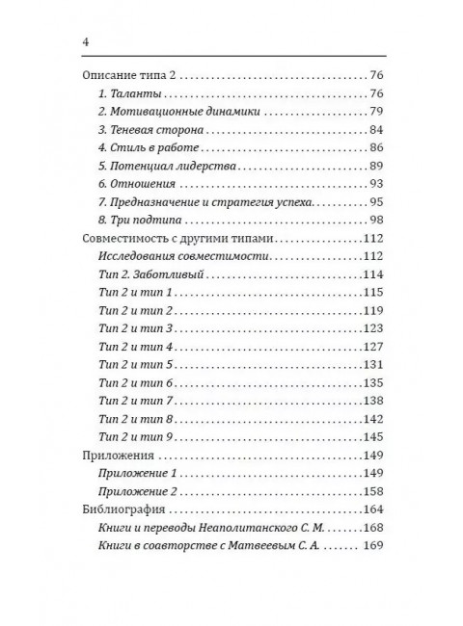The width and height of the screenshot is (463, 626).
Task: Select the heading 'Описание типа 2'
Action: click(x=128, y=75)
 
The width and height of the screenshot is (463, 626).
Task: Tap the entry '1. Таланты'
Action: click(x=130, y=93)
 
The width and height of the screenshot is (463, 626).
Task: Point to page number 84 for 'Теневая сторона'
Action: click(x=376, y=130)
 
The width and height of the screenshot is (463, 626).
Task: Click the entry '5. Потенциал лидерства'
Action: click(x=158, y=167)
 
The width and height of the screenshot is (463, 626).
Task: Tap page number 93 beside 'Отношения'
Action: click(x=376, y=185)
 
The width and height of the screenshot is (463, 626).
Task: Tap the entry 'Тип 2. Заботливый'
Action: click(x=152, y=276)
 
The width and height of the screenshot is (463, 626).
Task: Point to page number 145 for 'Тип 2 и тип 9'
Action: click(x=373, y=437)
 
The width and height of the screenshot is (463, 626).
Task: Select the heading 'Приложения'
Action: click(x=116, y=456)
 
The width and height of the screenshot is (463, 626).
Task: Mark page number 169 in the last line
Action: click(x=373, y=547)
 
